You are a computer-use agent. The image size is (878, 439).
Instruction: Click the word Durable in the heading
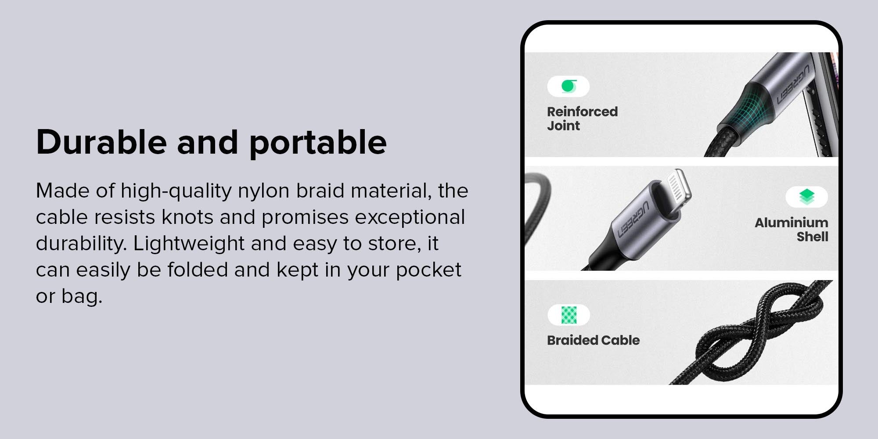click(x=101, y=142)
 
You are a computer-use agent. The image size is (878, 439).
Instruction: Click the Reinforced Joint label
click(x=582, y=119)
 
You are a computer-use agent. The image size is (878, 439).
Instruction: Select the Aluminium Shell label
click(x=791, y=230)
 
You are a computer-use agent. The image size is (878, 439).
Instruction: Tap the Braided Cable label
click(x=593, y=340)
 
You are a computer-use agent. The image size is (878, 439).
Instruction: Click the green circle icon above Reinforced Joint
click(x=569, y=86)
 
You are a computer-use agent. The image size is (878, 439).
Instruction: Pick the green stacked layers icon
click(x=807, y=197)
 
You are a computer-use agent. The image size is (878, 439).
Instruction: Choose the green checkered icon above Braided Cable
click(x=569, y=315)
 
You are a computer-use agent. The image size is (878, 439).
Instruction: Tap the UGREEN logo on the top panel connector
click(x=794, y=85)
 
